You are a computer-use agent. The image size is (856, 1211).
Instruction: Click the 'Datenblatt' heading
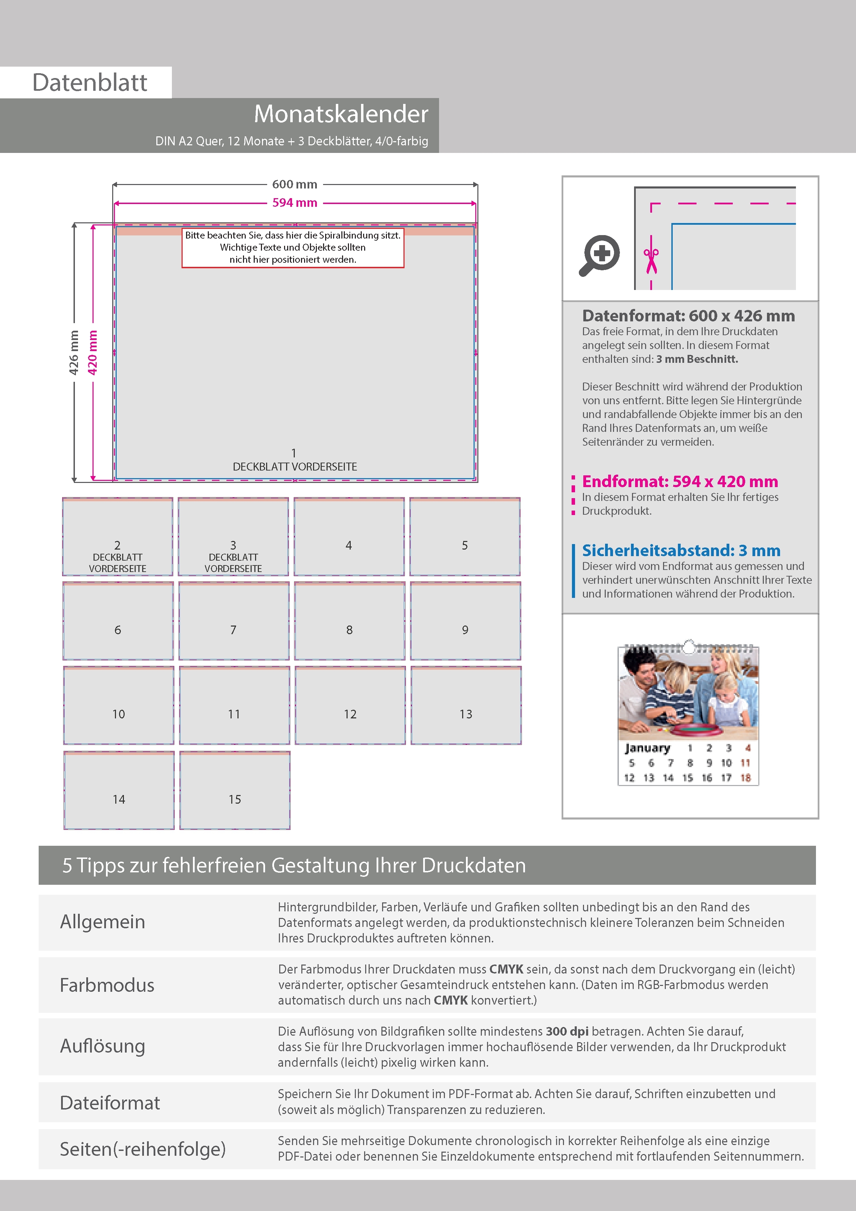tap(90, 83)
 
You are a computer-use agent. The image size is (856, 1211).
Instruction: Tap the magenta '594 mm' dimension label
tap(294, 203)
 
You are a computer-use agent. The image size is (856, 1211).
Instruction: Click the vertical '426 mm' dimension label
tap(74, 352)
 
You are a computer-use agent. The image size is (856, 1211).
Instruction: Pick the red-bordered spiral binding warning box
tap(293, 248)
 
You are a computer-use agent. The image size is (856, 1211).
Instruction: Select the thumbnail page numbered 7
tap(234, 621)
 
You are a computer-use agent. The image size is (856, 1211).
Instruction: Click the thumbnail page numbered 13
tap(466, 706)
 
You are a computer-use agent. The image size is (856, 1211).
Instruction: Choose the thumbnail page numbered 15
tap(235, 791)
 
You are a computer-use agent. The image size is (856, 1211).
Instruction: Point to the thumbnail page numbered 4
tap(349, 537)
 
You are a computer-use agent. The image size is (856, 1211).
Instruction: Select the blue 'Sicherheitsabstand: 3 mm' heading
tap(681, 551)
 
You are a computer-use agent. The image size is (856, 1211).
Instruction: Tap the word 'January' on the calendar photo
tap(647, 748)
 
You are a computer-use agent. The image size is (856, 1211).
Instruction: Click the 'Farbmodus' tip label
tap(107, 985)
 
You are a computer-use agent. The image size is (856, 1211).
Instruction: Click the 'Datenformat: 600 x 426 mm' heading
tap(688, 316)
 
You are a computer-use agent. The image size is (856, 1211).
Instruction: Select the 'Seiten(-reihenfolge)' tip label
tap(143, 1149)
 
